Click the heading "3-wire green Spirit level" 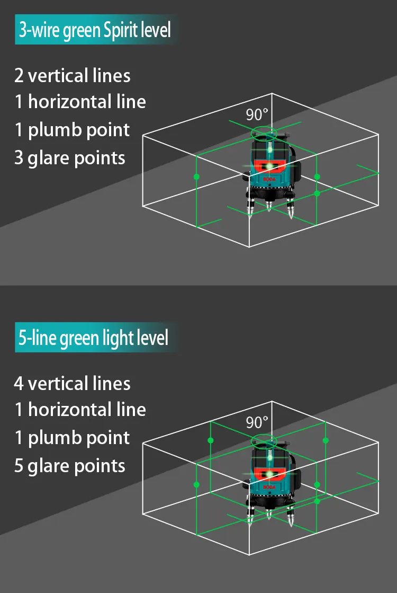[95, 30]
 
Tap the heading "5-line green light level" [94, 338]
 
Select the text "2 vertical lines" [73, 76]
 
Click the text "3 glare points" [70, 158]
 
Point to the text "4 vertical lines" [73, 383]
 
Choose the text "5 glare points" [70, 466]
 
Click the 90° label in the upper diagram [257, 114]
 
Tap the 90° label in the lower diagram [257, 422]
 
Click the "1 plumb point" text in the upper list [72, 130]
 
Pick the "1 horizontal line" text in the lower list [80, 410]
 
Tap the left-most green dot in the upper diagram [196, 176]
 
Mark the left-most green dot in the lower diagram [196, 484]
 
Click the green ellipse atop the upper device [264, 131]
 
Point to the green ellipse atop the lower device [264, 439]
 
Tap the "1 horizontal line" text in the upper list [80, 102]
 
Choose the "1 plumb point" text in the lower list [72, 438]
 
